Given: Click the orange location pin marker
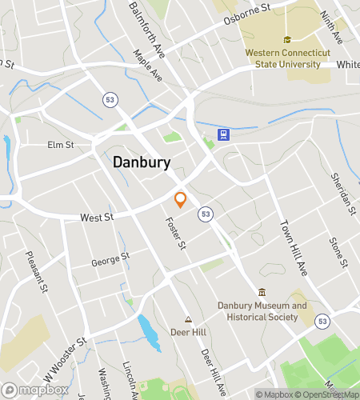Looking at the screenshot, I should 181,200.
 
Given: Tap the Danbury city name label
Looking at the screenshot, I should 141,162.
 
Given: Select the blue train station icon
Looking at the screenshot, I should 225,134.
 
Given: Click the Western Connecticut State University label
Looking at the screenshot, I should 287,58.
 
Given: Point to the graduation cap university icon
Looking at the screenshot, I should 287,40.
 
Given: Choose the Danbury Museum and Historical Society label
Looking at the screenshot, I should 262,310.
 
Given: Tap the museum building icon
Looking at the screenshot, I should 262,292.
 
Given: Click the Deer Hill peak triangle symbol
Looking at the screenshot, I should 189,318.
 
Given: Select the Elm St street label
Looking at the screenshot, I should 59,145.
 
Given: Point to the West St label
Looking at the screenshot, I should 97,217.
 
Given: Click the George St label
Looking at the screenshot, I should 110,259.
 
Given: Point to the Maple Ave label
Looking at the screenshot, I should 148,66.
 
